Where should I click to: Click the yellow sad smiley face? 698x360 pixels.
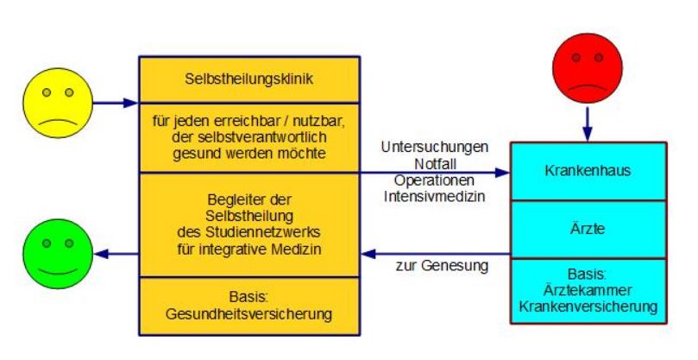58,103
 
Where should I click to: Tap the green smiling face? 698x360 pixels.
58,254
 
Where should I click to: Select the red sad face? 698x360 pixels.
588,68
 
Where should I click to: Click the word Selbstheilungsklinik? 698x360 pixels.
249,79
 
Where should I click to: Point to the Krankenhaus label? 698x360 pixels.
588,171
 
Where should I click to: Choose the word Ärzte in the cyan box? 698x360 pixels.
588,229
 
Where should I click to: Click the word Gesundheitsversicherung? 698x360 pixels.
249,314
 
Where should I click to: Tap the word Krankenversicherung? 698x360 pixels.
588,307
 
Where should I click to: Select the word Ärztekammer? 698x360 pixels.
588,290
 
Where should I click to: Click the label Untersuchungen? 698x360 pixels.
435,147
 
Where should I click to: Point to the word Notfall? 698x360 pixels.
436,164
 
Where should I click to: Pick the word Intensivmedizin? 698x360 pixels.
435,197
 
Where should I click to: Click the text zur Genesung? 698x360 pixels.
442,266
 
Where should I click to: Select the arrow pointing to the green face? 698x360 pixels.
117,254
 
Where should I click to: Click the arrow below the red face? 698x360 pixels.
588,123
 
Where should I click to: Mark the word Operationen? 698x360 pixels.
434,180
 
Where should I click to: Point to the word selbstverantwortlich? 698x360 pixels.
249,137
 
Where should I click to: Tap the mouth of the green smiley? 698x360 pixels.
58,271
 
